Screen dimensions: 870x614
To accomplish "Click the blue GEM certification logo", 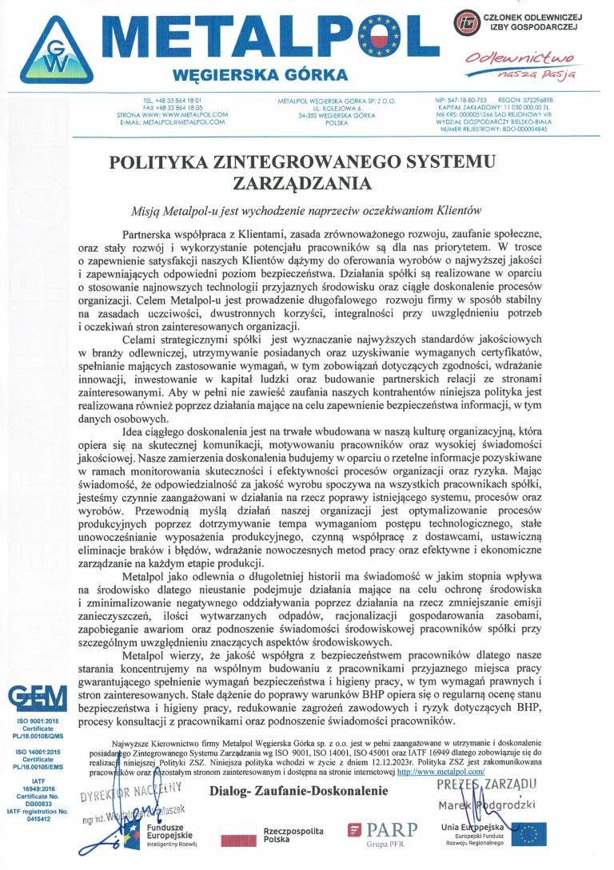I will click(x=38, y=699).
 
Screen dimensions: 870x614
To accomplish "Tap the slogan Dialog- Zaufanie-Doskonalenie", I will click(x=299, y=792).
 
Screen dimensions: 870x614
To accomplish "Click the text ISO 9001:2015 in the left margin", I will click(x=38, y=721).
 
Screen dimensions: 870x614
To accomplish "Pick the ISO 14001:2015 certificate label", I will click(x=38, y=751).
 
